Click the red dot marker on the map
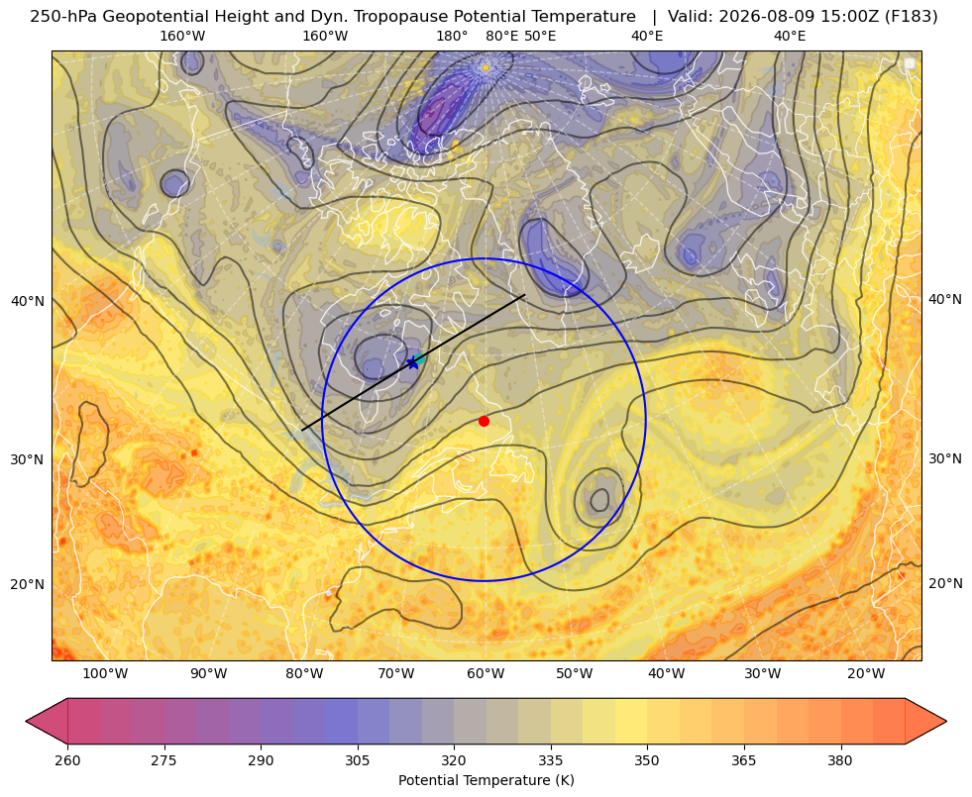click(484, 421)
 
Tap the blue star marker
click(413, 363)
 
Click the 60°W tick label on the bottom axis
click(486, 674)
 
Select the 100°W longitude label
click(105, 674)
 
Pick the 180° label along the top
click(452, 36)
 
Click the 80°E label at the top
click(501, 36)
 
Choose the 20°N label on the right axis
click(945, 583)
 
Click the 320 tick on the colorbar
click(454, 759)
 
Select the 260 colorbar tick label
click(67, 759)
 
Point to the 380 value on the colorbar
click(840, 759)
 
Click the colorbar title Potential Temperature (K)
click(486, 780)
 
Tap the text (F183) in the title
click(911, 17)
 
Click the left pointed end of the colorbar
click(27, 721)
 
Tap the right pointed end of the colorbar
click(946, 721)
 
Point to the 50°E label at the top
click(540, 36)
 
